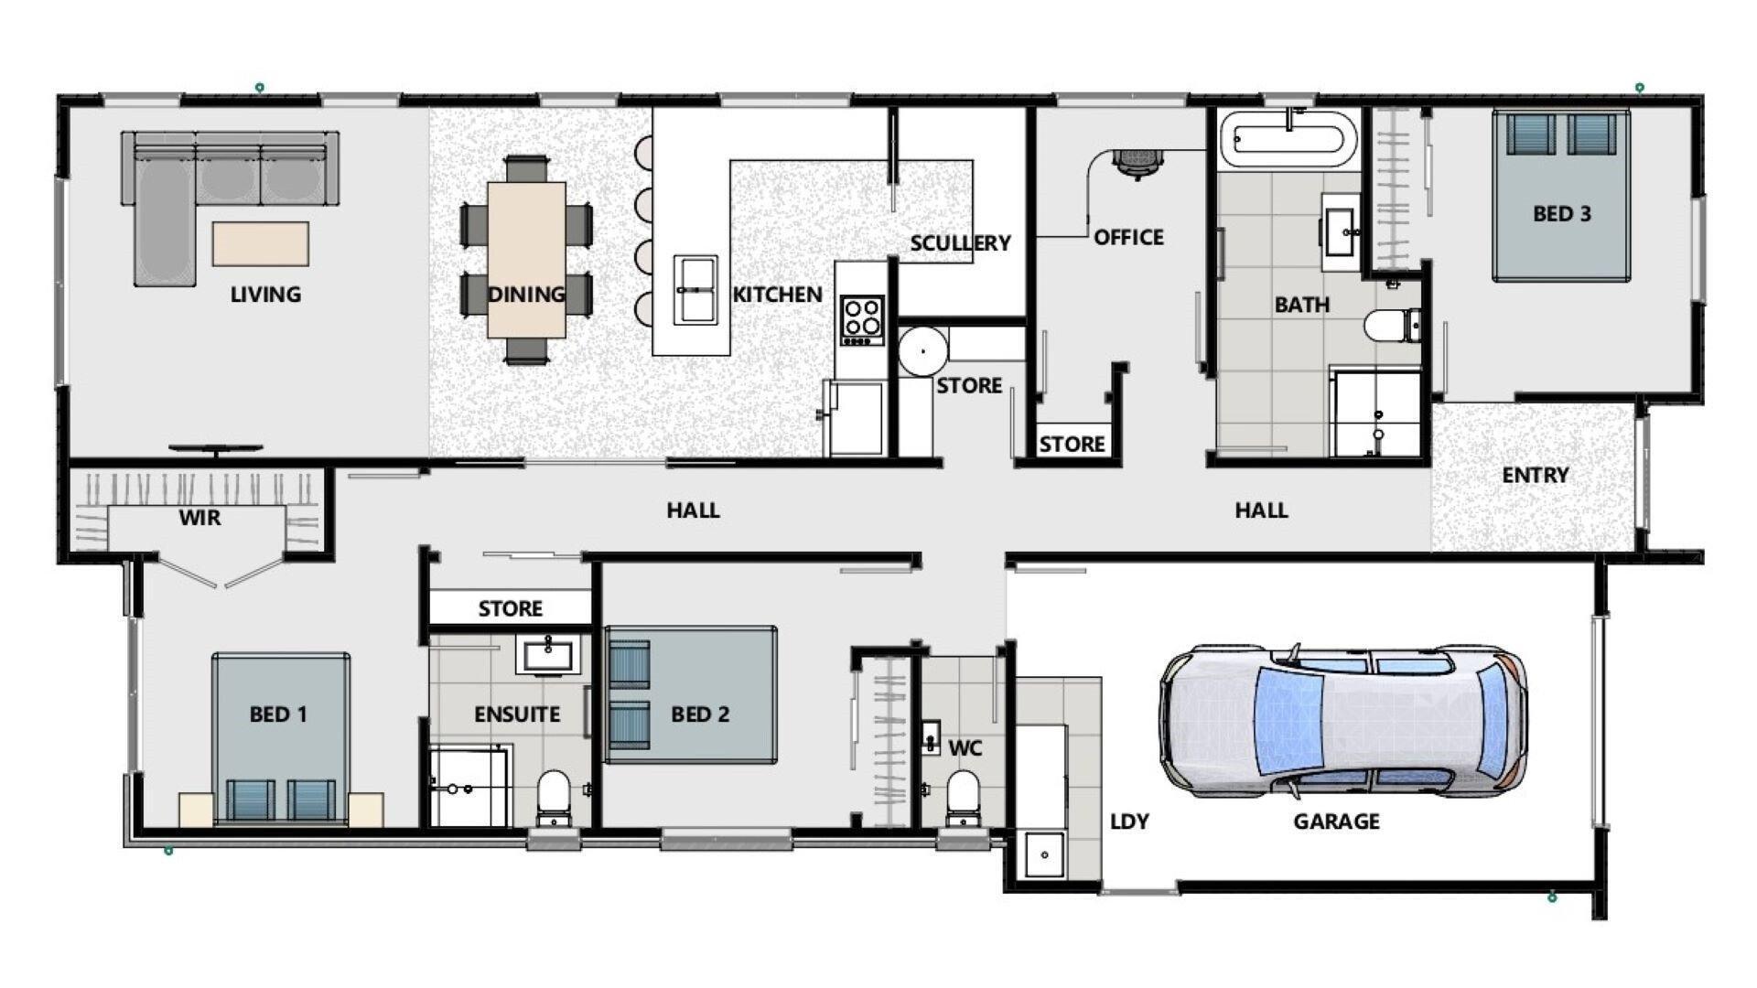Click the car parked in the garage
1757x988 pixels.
pyautogui.click(x=1342, y=720)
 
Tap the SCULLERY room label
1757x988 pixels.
pyautogui.click(x=960, y=243)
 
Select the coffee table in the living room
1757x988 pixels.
pyautogui.click(x=261, y=243)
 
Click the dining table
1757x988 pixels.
pyautogui.click(x=526, y=260)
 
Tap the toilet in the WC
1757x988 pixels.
pyautogui.click(x=962, y=795)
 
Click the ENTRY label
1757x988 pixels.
pyautogui.click(x=1536, y=476)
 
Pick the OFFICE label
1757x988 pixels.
pyautogui.click(x=1129, y=238)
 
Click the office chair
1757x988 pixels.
pyautogui.click(x=1137, y=161)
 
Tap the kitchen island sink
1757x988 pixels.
pyautogui.click(x=695, y=289)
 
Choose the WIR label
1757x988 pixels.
pyautogui.click(x=199, y=518)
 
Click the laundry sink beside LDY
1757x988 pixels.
pyautogui.click(x=1044, y=855)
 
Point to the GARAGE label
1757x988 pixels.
pyautogui.click(x=1336, y=822)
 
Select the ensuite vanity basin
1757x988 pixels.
pyautogui.click(x=548, y=655)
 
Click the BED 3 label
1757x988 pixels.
pyautogui.click(x=1562, y=214)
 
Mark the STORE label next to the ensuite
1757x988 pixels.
pyautogui.click(x=511, y=609)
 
